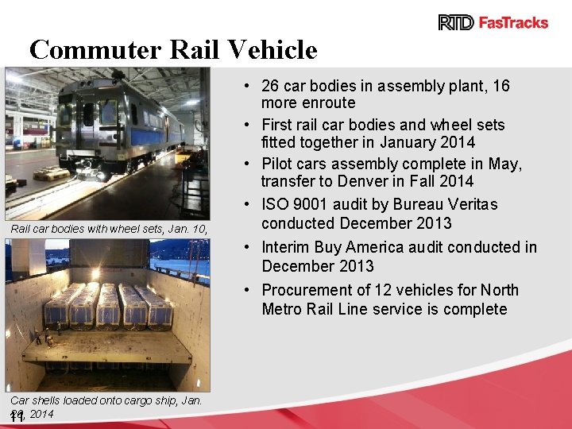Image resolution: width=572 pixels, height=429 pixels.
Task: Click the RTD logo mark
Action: tap(455, 22)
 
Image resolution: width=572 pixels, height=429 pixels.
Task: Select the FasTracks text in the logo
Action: tap(512, 22)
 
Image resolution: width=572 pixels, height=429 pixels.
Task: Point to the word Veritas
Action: tap(470, 204)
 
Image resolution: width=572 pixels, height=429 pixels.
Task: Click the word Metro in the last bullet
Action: tap(283, 309)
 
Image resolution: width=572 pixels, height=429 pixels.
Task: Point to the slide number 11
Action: tap(17, 418)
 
